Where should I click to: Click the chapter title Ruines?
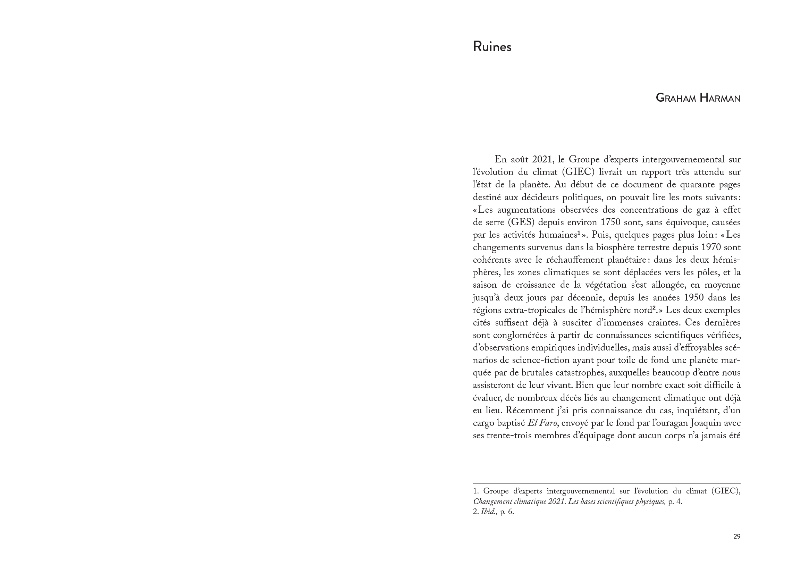pyautogui.click(x=492, y=47)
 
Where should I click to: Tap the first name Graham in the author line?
pyautogui.click(x=675, y=98)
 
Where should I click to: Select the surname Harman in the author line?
pyautogui.click(x=719, y=98)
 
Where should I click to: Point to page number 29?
pyautogui.click(x=736, y=537)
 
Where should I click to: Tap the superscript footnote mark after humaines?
pyautogui.click(x=616, y=233)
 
